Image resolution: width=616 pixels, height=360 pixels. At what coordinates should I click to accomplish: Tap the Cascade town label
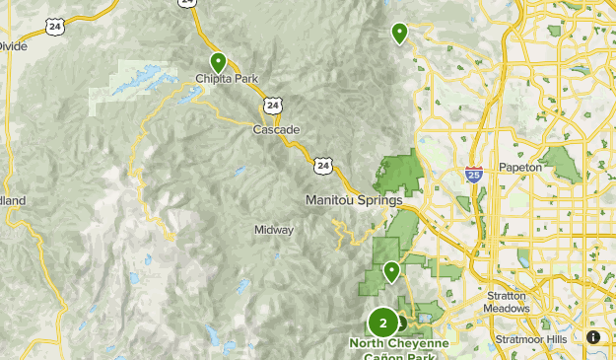click(270, 129)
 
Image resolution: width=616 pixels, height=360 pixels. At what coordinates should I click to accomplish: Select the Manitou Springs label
click(354, 200)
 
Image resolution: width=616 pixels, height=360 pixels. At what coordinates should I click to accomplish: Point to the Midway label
click(274, 230)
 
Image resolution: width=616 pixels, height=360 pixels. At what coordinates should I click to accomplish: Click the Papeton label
click(520, 168)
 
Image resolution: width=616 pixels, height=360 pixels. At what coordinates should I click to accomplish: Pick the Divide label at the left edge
click(12, 45)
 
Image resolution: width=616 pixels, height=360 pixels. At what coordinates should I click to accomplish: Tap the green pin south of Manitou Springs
click(391, 268)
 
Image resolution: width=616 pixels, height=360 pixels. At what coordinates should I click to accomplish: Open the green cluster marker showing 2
click(383, 323)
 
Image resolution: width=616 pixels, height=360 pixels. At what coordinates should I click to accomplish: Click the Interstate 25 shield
click(474, 175)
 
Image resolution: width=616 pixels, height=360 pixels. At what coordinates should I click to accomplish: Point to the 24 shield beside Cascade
click(272, 103)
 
